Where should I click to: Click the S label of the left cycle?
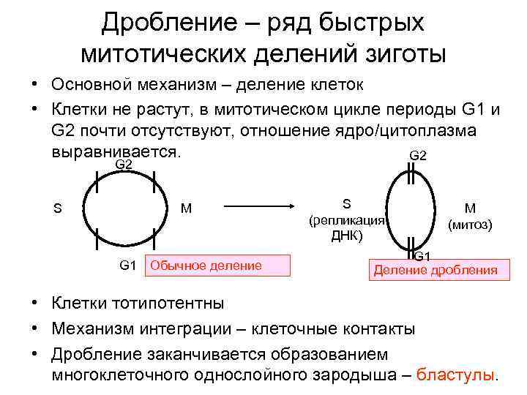point(57,208)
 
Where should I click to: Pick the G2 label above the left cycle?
point(124,165)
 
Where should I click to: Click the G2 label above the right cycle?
point(418,155)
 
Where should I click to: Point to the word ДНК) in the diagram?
point(347,236)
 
